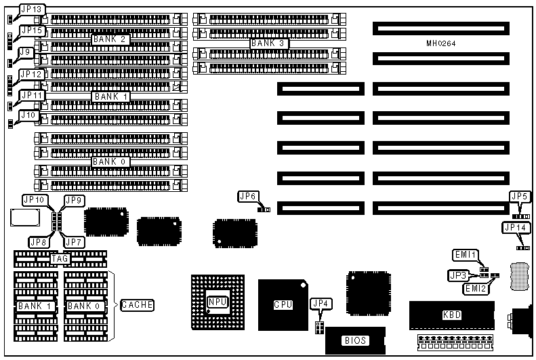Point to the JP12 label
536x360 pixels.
31,74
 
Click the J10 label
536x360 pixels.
28,115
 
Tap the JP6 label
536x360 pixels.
248,196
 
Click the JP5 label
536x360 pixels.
520,196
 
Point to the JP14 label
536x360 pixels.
514,228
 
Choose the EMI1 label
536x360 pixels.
466,255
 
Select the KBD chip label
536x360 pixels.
452,315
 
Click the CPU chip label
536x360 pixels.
283,305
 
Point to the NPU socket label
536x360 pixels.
217,302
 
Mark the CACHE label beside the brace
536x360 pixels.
137,305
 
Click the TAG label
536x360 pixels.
59,258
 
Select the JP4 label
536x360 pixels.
318,303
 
